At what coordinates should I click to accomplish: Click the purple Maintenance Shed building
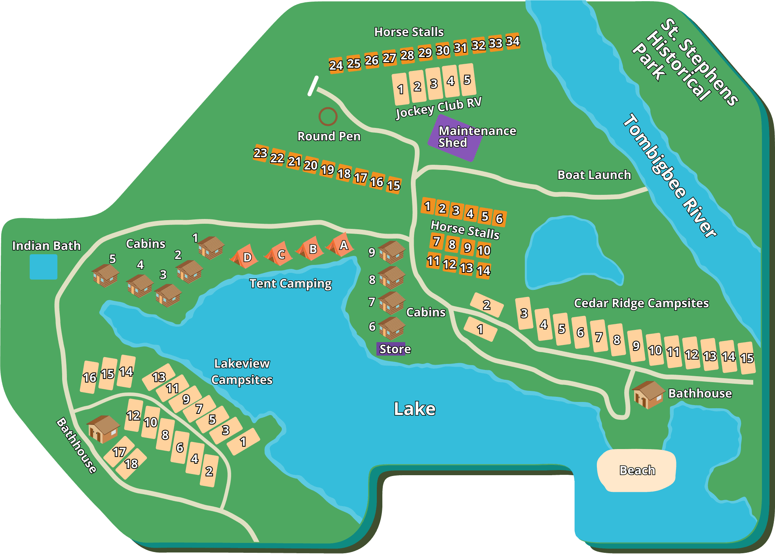click(455, 138)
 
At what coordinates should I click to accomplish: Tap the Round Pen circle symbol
click(328, 116)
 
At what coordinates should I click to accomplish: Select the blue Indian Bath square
click(44, 267)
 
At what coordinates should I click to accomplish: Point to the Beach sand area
click(636, 470)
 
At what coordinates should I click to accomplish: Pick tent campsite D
click(244, 257)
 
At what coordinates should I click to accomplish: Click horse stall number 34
click(513, 41)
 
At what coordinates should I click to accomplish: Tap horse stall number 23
click(260, 153)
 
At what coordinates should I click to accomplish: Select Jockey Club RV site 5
click(467, 80)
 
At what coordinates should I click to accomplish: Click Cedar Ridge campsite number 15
click(747, 358)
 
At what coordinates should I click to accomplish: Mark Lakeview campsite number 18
click(131, 463)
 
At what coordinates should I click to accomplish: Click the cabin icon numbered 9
click(391, 252)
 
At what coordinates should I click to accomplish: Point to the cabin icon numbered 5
click(105, 275)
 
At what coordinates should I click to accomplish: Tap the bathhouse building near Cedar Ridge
click(648, 394)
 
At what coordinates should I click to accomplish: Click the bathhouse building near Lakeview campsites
click(103, 429)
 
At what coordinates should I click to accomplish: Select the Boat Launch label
click(594, 175)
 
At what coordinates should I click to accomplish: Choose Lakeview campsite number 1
click(243, 442)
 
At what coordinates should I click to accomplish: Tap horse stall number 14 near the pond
click(483, 270)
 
